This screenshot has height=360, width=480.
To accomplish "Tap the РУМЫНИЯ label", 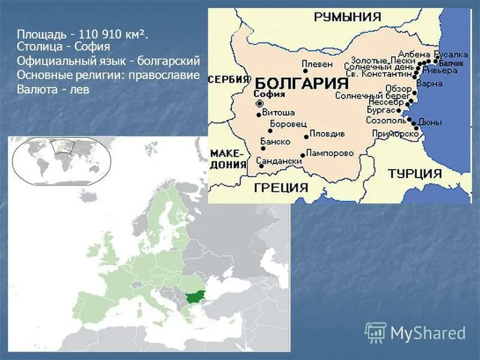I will click(347, 16).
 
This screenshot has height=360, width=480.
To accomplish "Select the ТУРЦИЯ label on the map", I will click(415, 173).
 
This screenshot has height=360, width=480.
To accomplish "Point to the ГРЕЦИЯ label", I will click(281, 187).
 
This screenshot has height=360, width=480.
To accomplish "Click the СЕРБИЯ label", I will click(229, 79).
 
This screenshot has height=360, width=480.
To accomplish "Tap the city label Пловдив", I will click(327, 133).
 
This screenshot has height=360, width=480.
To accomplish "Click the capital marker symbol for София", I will click(259, 104).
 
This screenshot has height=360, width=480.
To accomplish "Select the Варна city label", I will click(429, 83).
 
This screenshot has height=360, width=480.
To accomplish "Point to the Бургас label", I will click(381, 110).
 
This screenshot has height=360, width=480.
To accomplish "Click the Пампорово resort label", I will click(329, 153).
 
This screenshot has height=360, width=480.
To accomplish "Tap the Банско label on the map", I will click(275, 142).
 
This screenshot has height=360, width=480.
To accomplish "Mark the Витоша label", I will click(279, 112).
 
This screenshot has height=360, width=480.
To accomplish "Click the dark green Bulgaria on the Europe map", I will click(195, 296).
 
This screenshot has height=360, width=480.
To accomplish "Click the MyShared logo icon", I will click(376, 332).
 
